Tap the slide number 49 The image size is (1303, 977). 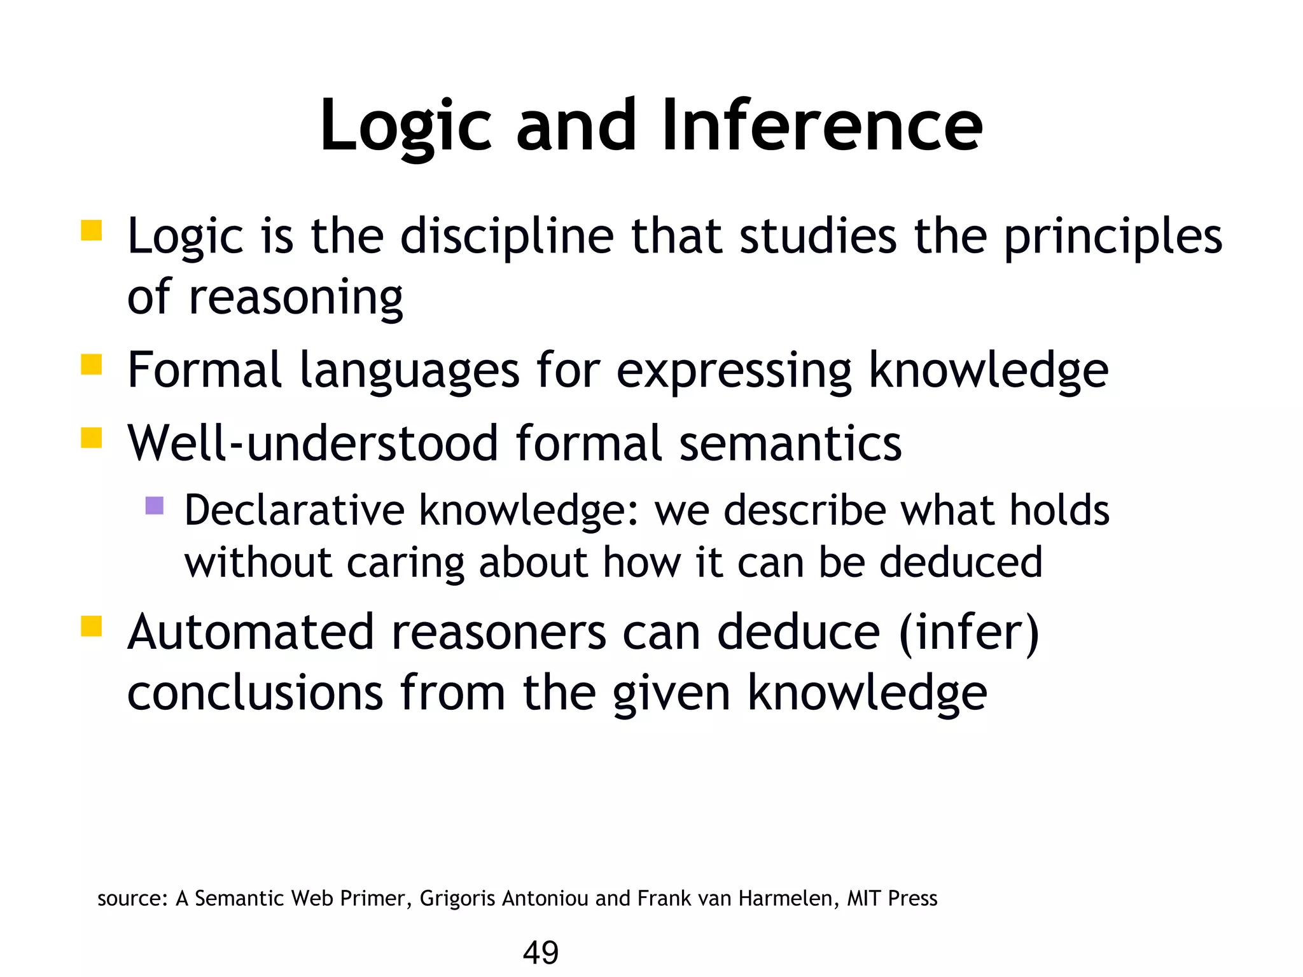(x=540, y=952)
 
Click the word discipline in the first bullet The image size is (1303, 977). (x=506, y=237)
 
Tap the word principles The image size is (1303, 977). (x=1113, y=237)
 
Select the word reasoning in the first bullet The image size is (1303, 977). (x=296, y=298)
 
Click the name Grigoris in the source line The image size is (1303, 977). (x=457, y=898)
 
